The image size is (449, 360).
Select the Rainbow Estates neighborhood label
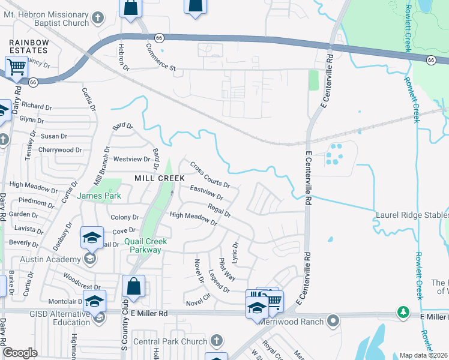(29, 47)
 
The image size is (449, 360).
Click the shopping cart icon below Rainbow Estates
(16, 67)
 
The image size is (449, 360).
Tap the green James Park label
(99, 196)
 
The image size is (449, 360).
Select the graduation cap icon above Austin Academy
(92, 239)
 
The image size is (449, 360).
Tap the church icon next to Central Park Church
(217, 341)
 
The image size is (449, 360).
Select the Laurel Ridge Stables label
(412, 215)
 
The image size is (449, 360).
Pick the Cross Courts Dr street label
(209, 174)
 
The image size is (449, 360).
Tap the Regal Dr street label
(218, 210)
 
